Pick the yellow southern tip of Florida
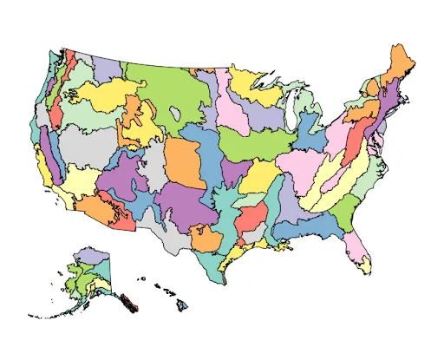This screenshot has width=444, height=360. tap(367, 268)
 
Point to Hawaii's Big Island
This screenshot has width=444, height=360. tap(184, 305)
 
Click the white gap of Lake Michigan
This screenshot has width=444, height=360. tap(291, 121)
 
